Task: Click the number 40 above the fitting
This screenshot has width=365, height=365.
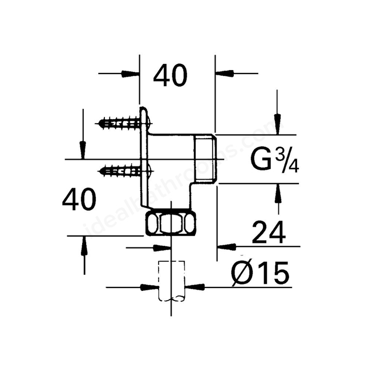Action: pos(170,76)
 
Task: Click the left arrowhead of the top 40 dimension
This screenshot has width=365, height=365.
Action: pos(132,73)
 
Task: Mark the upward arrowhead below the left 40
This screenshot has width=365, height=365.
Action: pos(84,246)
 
